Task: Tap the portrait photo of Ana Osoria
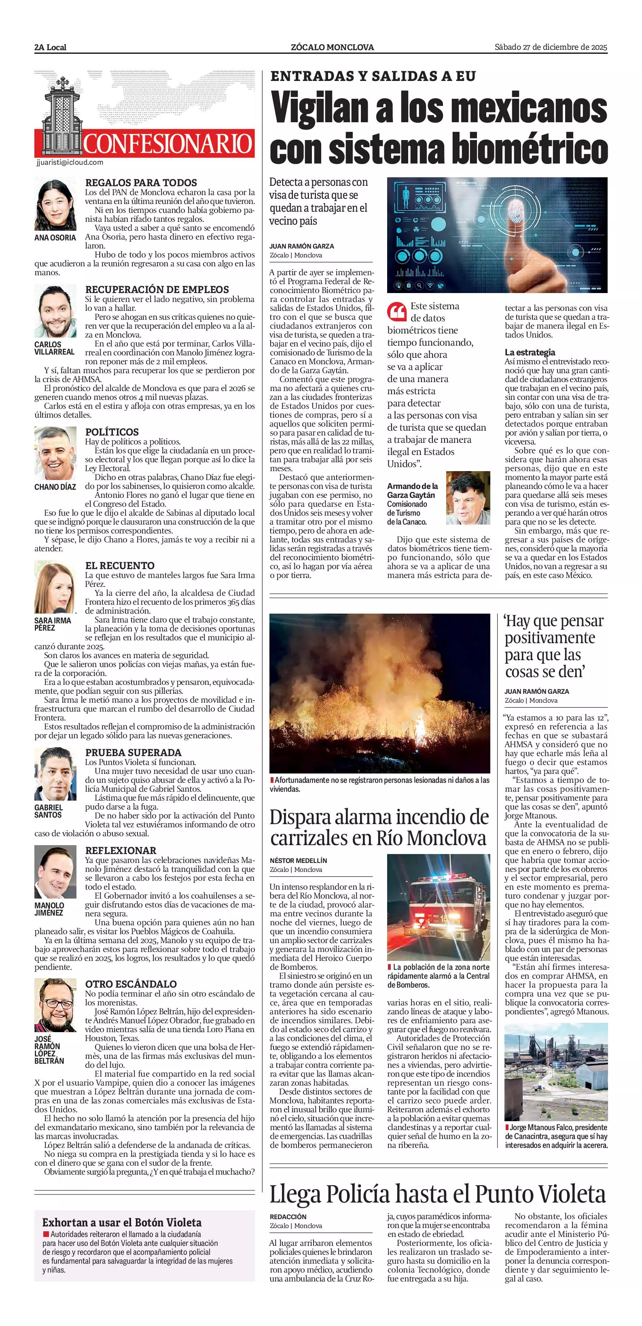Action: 55,205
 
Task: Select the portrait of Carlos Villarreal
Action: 55,311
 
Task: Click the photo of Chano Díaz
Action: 55,453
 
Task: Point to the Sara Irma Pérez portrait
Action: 55,587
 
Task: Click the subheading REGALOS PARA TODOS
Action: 141,183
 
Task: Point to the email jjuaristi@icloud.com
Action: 70,162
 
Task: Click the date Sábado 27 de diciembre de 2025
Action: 551,47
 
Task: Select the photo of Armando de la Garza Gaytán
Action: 468,498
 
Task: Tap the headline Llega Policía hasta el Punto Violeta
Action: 438,1193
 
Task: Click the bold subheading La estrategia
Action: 530,353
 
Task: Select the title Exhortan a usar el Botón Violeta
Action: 122,1222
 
